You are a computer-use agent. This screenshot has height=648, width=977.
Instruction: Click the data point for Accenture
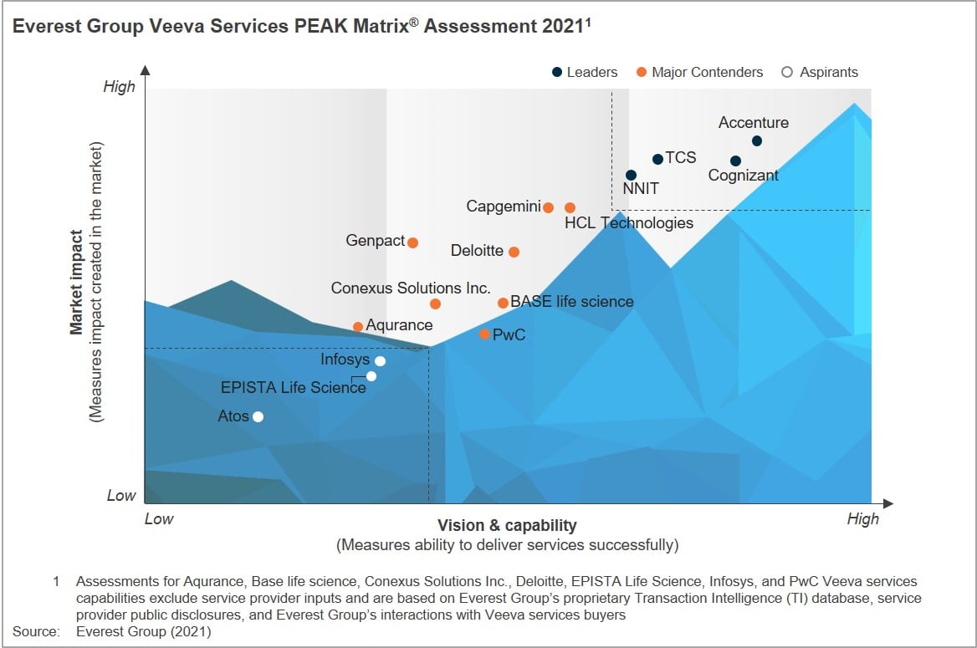(x=757, y=140)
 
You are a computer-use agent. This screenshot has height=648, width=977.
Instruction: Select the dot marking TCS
(x=658, y=159)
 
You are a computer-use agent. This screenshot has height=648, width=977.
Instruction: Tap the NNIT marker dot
(x=631, y=175)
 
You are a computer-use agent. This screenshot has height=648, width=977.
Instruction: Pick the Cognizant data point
(x=735, y=161)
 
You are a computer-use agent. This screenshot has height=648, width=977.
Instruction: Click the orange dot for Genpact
(x=412, y=242)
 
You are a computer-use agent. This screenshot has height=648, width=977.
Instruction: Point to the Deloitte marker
(x=514, y=252)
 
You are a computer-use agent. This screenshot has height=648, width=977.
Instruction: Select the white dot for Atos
(x=258, y=416)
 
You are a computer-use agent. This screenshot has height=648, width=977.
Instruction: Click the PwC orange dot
(x=484, y=334)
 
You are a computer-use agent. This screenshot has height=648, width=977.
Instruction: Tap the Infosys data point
(x=380, y=361)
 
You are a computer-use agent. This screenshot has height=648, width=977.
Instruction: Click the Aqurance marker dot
(x=358, y=326)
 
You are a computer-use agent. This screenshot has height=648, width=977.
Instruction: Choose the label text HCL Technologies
(x=629, y=223)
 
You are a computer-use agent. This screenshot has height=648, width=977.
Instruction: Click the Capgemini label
(x=504, y=207)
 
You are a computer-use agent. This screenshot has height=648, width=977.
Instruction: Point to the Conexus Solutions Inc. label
(x=411, y=288)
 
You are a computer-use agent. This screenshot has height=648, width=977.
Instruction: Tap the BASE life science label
(x=572, y=302)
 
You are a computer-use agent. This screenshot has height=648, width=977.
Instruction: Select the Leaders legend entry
(x=585, y=72)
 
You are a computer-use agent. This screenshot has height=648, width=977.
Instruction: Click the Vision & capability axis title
(x=507, y=525)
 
